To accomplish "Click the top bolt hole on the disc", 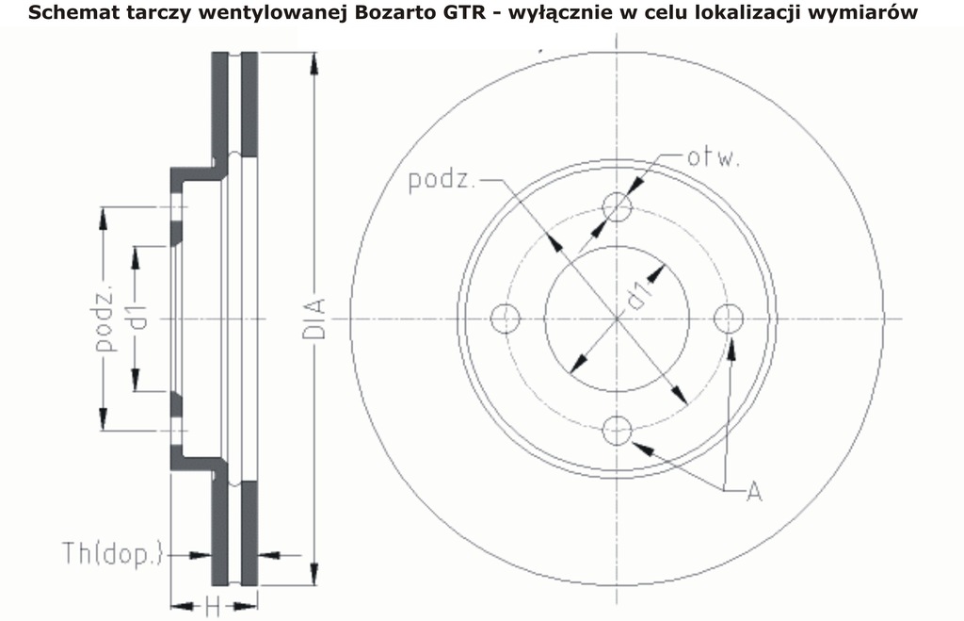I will click(617, 206).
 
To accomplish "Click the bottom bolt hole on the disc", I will click(617, 432).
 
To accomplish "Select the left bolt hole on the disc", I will click(506, 319).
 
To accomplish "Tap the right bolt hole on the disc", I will click(728, 319).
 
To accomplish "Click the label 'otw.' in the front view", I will click(712, 157).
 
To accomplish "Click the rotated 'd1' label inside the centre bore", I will click(639, 295).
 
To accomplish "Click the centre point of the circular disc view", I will click(617, 319).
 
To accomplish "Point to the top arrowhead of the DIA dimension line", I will click(314, 64).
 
